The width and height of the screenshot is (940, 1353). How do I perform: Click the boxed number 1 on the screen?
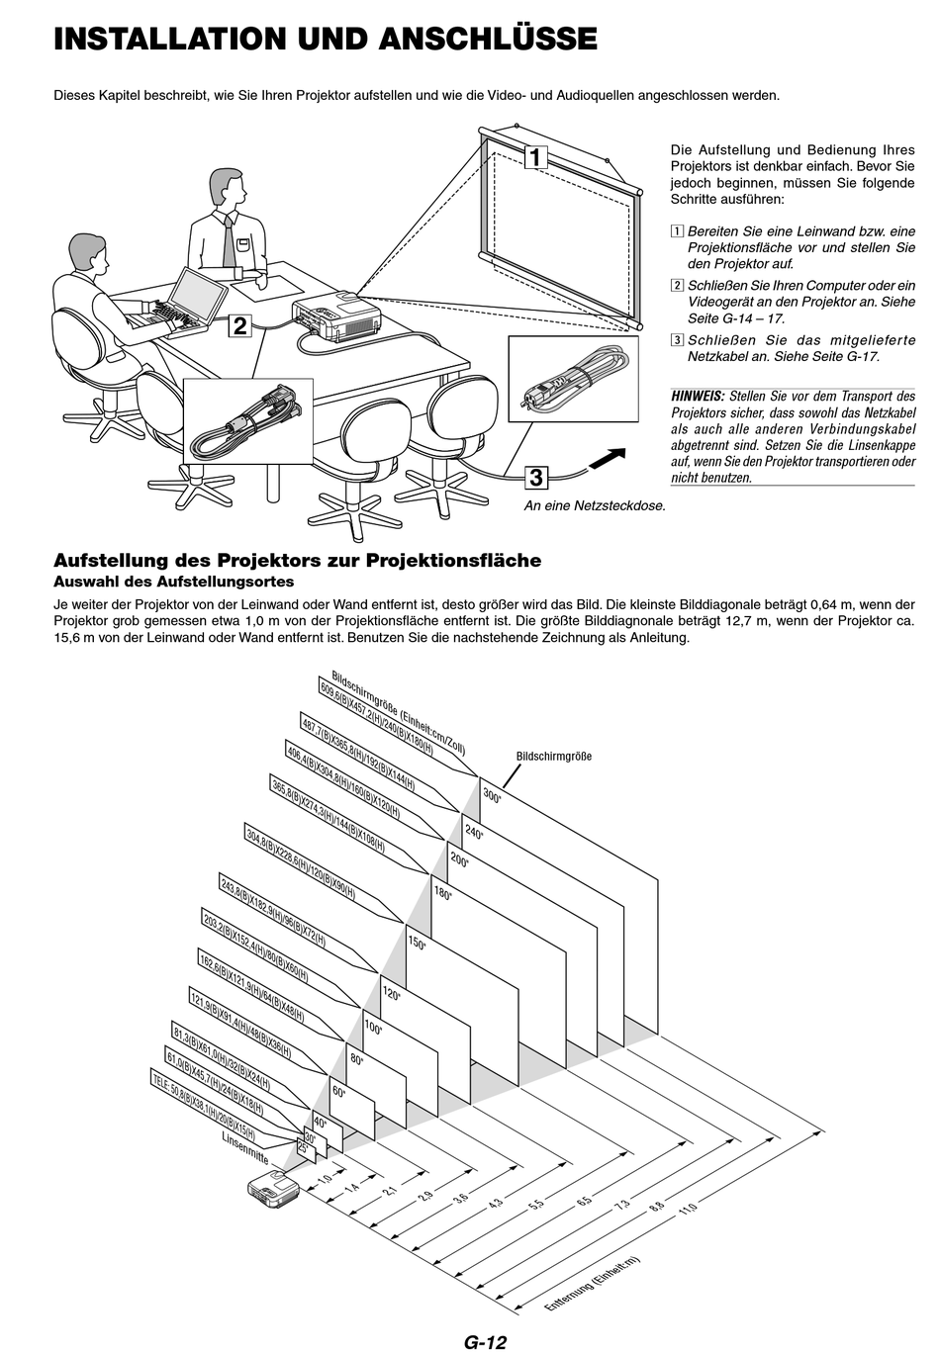[535, 157]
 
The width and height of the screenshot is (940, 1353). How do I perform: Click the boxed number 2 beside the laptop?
[239, 325]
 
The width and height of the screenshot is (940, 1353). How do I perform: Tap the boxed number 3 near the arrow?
[535, 478]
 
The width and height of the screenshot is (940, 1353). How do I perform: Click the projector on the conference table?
[330, 315]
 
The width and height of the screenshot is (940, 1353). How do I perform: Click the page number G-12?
[484, 1341]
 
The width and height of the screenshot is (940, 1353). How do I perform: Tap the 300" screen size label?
[492, 793]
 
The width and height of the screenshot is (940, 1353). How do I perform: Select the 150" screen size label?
[417, 944]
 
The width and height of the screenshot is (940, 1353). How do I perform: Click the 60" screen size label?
[339, 1091]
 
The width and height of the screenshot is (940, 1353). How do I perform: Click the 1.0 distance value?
[324, 1179]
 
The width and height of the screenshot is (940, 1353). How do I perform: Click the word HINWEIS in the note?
[698, 396]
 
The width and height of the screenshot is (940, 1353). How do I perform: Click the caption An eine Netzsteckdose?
[595, 505]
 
